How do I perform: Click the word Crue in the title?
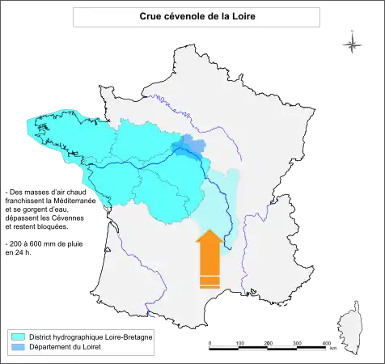click(x=151, y=16)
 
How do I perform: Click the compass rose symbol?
click(x=352, y=44)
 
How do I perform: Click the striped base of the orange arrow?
click(x=209, y=281)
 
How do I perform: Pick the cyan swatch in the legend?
click(x=17, y=336)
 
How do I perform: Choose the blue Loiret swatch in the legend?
click(x=17, y=346)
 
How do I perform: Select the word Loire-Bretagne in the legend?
click(x=129, y=336)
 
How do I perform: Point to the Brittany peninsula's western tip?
click(x=28, y=128)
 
